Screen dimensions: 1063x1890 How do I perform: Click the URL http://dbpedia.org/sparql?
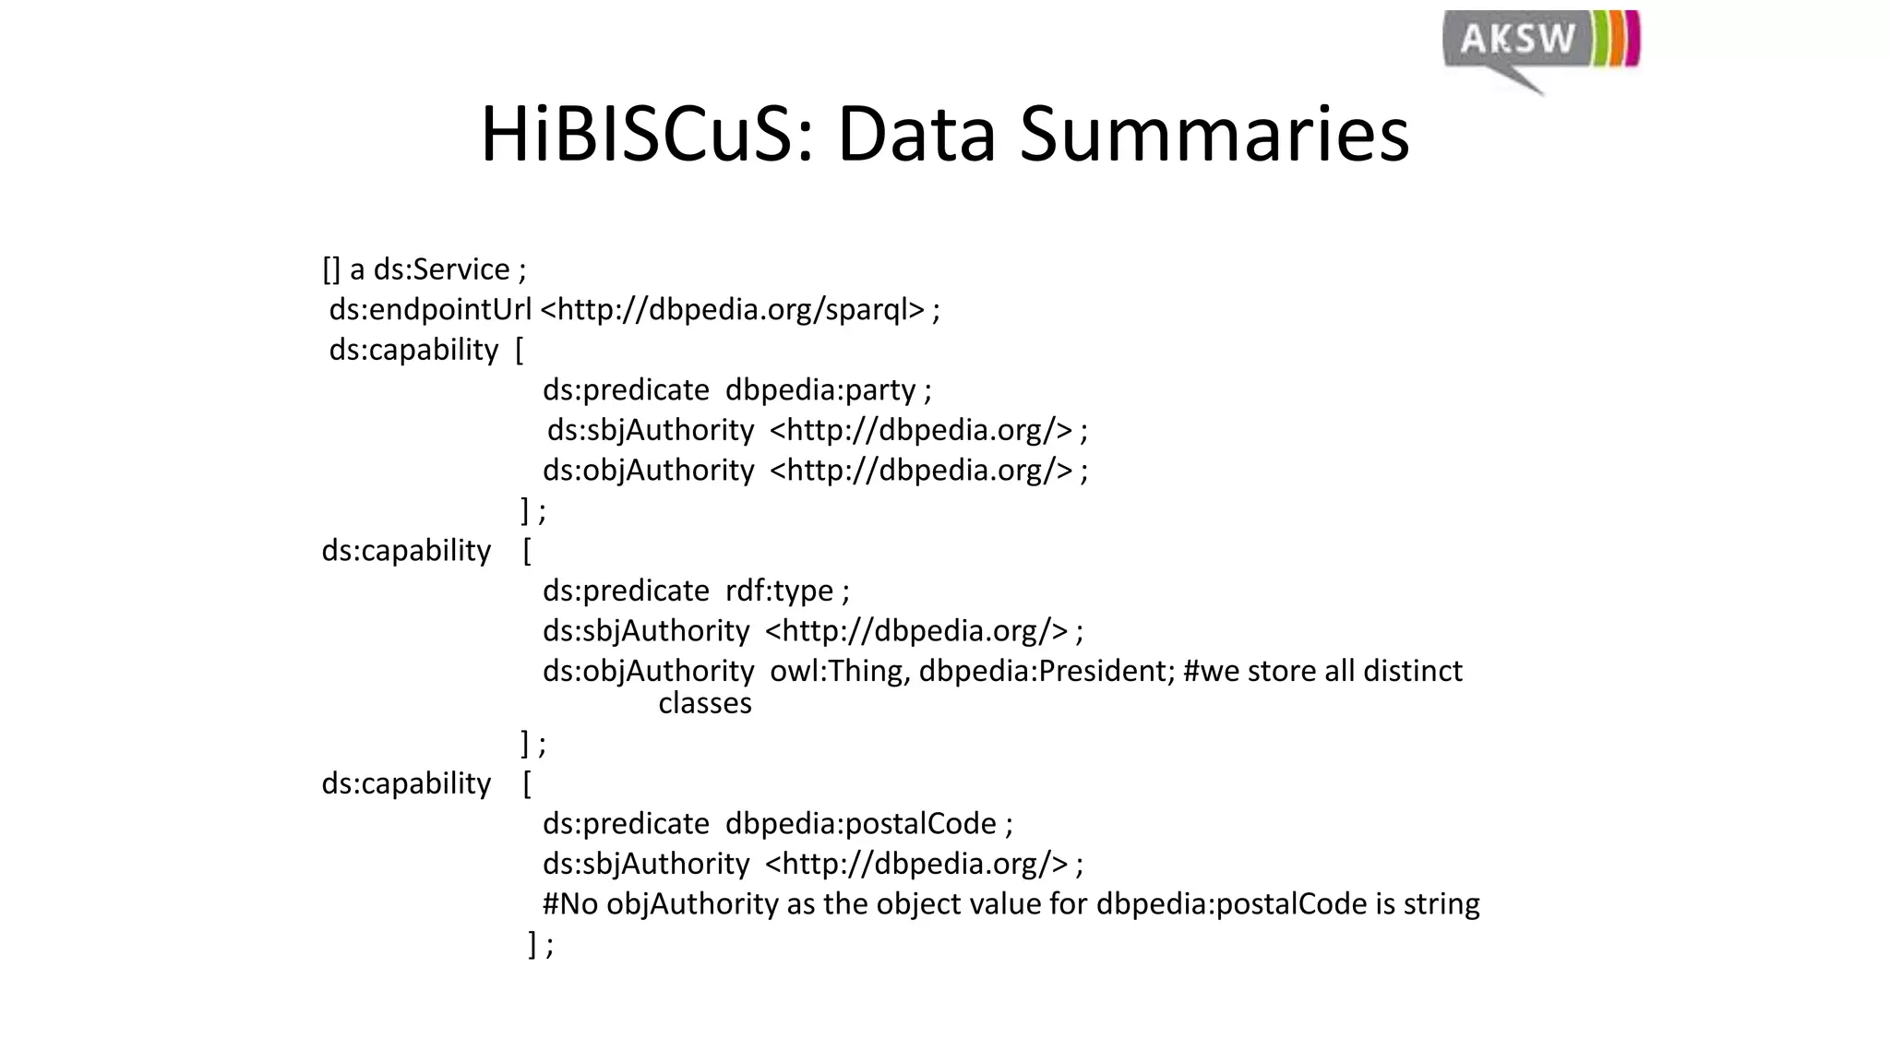tap(732, 309)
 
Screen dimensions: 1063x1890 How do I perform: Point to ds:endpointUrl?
tap(430, 309)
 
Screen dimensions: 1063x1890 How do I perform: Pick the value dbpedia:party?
tap(820, 390)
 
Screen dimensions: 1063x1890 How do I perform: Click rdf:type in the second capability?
tap(779, 591)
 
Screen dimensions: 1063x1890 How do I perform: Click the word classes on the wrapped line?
tap(705, 704)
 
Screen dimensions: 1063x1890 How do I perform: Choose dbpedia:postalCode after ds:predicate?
tap(861, 823)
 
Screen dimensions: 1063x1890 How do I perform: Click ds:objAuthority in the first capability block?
tap(648, 471)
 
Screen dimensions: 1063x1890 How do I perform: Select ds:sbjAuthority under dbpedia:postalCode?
tap(646, 864)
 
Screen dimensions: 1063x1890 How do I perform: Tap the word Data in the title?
tap(916, 135)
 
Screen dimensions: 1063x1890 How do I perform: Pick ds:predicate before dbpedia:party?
tap(626, 390)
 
